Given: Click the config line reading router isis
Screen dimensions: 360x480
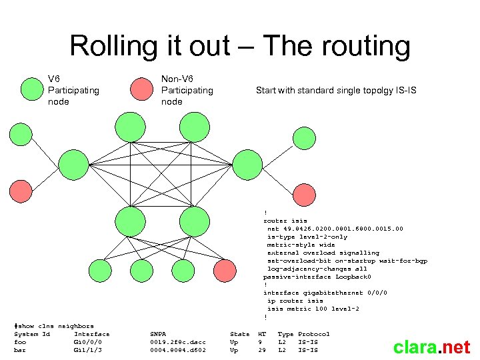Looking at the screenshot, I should (285, 221).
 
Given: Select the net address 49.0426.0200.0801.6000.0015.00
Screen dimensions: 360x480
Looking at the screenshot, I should (335, 229).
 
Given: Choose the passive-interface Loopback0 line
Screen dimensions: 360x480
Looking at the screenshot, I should (317, 277).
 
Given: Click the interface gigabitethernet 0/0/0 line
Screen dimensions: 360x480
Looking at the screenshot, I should (325, 293).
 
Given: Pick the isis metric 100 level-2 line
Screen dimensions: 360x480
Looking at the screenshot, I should (313, 309).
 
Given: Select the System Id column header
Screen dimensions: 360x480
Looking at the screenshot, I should (32, 334).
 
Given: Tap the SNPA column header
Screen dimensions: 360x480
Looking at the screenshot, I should (158, 334).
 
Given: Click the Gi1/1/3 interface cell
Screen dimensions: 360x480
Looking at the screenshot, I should (87, 350).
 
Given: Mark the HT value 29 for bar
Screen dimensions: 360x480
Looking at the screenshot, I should (262, 350).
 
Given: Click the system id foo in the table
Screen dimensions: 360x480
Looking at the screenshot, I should (20, 342).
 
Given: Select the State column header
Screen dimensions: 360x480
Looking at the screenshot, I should (239, 334).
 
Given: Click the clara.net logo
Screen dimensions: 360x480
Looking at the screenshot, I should (431, 347).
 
